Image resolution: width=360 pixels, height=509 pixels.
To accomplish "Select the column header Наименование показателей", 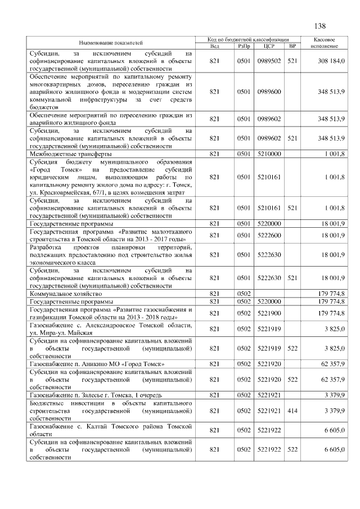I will pyautogui.click(x=110, y=42).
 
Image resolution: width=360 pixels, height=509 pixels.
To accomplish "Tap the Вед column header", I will pyautogui.click(x=214, y=46).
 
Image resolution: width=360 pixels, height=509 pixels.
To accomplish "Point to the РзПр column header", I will pyautogui.click(x=243, y=46).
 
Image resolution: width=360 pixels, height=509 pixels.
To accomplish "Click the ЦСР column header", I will pyautogui.click(x=268, y=46).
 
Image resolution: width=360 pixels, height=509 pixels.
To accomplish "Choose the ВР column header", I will pyautogui.click(x=292, y=46).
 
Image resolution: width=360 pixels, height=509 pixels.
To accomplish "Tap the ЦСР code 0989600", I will pyautogui.click(x=268, y=91).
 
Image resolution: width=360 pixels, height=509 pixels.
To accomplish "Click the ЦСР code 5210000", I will pyautogui.click(x=268, y=154).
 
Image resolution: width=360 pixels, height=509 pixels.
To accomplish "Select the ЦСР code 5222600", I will pyautogui.click(x=268, y=236).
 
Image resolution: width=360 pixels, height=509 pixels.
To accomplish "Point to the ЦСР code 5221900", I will pyautogui.click(x=268, y=313).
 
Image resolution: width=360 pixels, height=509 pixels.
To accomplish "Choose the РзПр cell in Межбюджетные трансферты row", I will pyautogui.click(x=243, y=154).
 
